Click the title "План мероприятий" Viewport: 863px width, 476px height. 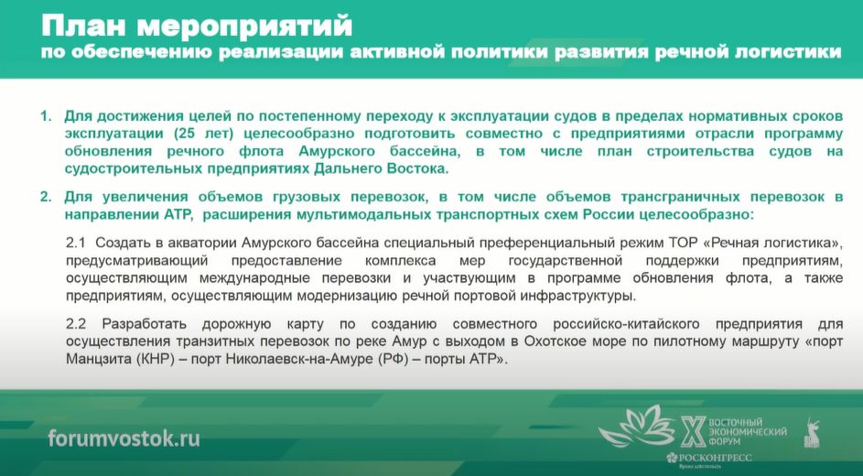click(x=197, y=26)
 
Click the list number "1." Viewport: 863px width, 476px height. click(x=47, y=116)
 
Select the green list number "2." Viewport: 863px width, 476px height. click(x=47, y=197)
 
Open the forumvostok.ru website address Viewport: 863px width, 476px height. click(x=124, y=438)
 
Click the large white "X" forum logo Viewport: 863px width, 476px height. click(x=693, y=431)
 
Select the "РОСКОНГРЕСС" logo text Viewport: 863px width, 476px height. click(x=715, y=458)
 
